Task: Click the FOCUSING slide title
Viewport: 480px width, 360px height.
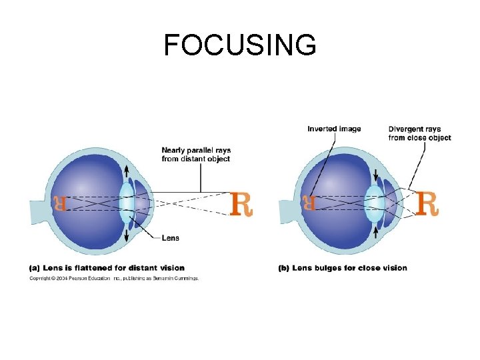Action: [x=240, y=45]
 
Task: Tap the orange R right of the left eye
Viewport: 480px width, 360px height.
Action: [x=241, y=203]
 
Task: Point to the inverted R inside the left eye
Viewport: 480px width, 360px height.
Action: [x=60, y=203]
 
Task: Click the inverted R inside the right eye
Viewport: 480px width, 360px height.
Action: [x=309, y=203]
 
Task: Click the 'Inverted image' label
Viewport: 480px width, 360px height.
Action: [x=334, y=129]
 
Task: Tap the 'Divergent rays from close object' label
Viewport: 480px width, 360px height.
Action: [x=419, y=133]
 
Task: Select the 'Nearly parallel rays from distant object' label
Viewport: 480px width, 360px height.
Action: [x=195, y=155]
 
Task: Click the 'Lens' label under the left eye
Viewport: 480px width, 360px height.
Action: [x=170, y=238]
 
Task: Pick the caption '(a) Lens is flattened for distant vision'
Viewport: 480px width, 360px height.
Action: [x=107, y=268]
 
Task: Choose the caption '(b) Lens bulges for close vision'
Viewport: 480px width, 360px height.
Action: [x=342, y=268]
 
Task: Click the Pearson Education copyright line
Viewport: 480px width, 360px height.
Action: [x=113, y=279]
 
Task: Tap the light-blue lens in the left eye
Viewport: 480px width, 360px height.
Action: [x=126, y=202]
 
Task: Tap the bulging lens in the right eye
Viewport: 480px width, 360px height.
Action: [x=375, y=203]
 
